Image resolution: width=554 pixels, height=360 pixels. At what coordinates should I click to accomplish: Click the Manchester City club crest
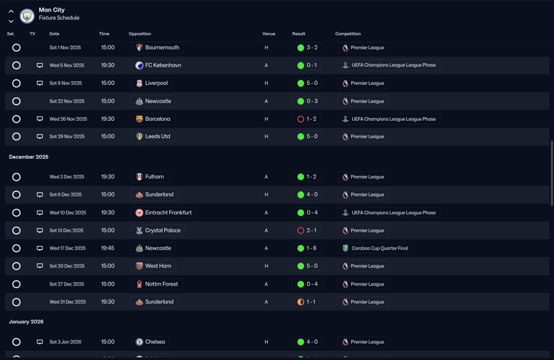[x=27, y=16]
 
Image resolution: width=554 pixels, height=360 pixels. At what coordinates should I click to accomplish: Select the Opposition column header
[x=140, y=34]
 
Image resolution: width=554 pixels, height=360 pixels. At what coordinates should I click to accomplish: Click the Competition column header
[x=348, y=34]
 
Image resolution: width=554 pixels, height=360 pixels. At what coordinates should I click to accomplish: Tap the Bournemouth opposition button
[x=158, y=48]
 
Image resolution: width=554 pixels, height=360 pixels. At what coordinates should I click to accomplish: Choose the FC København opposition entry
[x=158, y=65]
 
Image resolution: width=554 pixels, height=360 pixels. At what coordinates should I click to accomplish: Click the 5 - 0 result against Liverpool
[x=307, y=83]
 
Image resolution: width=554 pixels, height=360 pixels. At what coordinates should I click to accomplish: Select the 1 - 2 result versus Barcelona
[x=306, y=119]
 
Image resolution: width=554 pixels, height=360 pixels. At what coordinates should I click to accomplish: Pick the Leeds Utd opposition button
[x=153, y=136]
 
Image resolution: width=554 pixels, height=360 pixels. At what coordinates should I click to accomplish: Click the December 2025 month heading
[x=29, y=157]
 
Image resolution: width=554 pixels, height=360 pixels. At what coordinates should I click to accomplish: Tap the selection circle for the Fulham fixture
[x=16, y=177]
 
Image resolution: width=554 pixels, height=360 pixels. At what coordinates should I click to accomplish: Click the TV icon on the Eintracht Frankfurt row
[x=40, y=212]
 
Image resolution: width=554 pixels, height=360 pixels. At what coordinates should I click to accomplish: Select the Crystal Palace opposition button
[x=158, y=231]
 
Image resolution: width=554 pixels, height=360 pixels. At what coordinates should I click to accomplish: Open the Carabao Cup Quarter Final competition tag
[x=375, y=248]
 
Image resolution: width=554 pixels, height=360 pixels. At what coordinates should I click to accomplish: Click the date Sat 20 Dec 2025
[x=67, y=266]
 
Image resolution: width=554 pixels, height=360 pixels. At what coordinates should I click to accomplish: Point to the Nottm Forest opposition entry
[x=157, y=284]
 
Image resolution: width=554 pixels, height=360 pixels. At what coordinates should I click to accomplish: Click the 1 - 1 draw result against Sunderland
[x=306, y=302]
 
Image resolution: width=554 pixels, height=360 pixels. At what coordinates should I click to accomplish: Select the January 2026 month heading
[x=26, y=322]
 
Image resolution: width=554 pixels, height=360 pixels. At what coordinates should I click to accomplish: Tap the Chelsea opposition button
[x=150, y=342]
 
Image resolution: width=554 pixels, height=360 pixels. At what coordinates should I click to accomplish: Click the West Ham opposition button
[x=153, y=266]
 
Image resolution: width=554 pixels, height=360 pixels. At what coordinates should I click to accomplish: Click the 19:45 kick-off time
[x=108, y=248]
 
